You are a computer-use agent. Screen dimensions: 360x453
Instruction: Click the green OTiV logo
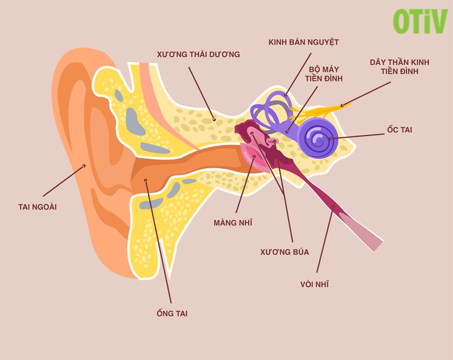click(x=420, y=21)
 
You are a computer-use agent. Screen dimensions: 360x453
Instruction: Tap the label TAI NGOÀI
click(x=37, y=207)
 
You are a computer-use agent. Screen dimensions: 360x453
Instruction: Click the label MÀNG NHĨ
click(x=233, y=223)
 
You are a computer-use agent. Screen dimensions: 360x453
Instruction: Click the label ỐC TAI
click(x=400, y=130)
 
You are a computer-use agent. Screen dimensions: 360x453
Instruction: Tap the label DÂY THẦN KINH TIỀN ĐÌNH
click(x=400, y=67)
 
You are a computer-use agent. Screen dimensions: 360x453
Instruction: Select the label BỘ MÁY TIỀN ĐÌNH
click(x=324, y=74)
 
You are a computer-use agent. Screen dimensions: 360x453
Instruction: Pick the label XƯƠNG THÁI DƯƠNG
click(x=198, y=54)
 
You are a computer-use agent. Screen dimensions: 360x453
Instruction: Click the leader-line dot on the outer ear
click(x=84, y=165)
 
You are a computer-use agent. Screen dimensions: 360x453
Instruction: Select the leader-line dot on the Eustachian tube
click(x=334, y=206)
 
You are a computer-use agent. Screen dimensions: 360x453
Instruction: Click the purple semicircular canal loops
click(x=269, y=111)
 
